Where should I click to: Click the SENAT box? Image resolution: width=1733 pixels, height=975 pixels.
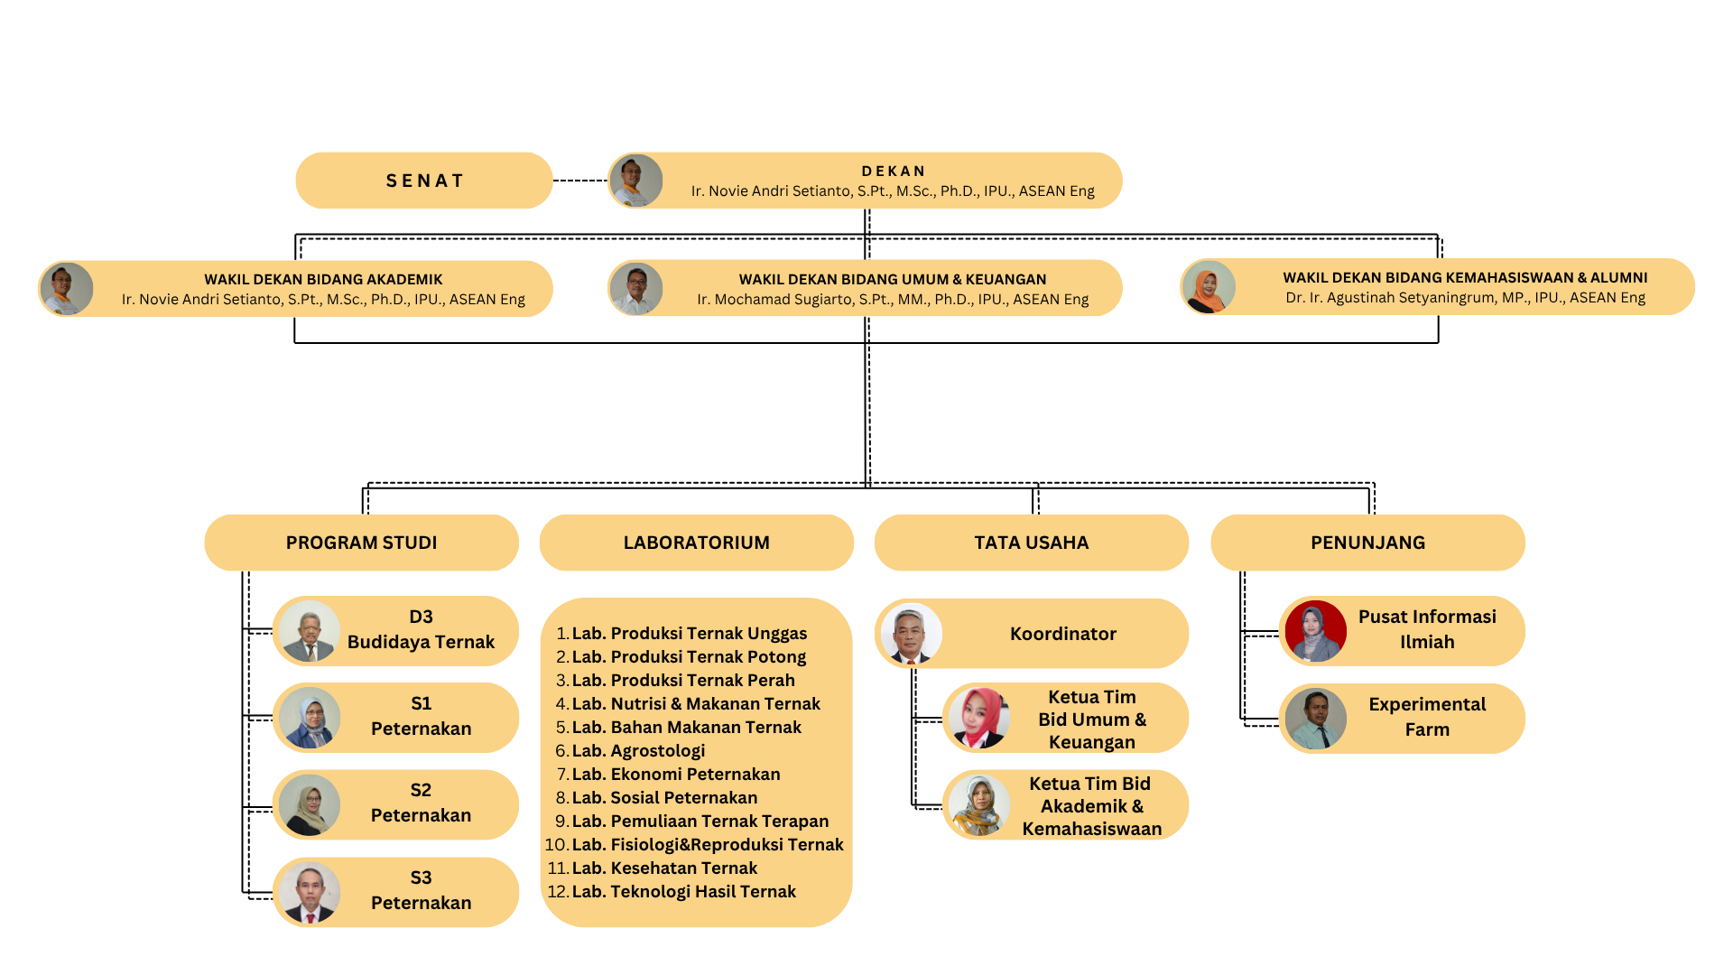tap(423, 181)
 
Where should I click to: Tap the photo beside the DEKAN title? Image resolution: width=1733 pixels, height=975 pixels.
tap(636, 181)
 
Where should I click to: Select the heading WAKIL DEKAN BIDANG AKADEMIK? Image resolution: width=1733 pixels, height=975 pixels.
tap(323, 279)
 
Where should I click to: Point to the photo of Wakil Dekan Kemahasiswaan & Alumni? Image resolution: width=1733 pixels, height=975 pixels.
tap(1209, 287)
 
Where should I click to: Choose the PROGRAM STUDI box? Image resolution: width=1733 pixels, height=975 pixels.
tap(361, 543)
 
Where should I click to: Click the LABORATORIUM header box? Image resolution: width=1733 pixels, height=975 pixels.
tap(696, 543)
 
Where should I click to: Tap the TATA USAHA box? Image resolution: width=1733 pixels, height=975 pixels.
tap(1031, 543)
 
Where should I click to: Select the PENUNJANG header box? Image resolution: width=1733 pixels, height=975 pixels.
tap(1367, 543)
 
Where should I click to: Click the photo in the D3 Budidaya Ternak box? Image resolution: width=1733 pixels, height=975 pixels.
tap(310, 631)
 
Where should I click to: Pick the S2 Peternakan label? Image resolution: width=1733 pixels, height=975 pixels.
tap(421, 803)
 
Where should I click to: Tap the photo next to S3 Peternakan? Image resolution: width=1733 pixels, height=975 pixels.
tap(310, 892)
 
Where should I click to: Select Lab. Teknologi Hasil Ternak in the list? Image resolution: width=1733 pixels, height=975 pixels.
tap(683, 891)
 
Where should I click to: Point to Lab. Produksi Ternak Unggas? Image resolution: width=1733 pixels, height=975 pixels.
tap(689, 633)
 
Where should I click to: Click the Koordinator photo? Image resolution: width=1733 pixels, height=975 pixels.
tap(912, 633)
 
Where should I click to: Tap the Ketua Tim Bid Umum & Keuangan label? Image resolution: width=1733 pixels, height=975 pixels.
tap(1091, 719)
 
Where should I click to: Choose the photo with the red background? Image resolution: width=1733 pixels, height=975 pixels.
tap(1315, 631)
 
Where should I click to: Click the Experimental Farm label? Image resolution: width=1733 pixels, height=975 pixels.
tap(1426, 717)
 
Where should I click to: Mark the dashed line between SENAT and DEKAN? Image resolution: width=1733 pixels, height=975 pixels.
tap(579, 181)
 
